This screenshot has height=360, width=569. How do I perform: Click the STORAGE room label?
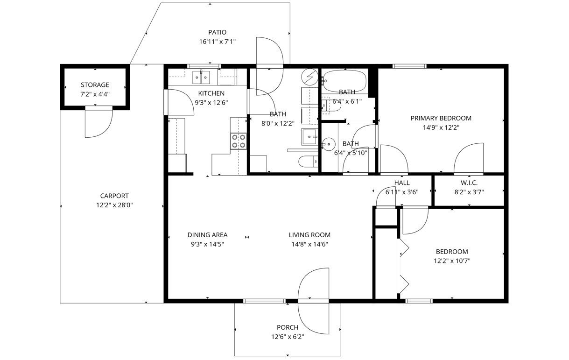(95, 85)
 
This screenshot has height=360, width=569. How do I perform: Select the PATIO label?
(217, 32)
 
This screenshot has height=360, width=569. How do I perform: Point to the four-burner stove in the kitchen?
(239, 141)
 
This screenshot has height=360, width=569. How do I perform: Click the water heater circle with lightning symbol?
(309, 75)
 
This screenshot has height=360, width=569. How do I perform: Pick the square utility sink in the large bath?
(309, 137)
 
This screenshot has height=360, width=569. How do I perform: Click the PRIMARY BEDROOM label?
(441, 118)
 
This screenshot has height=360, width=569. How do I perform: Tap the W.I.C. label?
(469, 183)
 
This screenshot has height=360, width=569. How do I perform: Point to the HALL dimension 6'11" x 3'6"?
(401, 192)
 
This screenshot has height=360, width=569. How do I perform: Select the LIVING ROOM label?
(309, 235)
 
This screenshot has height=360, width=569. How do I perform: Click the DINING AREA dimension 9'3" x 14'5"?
(207, 244)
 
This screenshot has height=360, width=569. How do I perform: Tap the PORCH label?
(287, 327)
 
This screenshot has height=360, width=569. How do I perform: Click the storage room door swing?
(98, 123)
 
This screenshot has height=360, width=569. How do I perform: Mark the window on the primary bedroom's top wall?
(409, 66)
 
